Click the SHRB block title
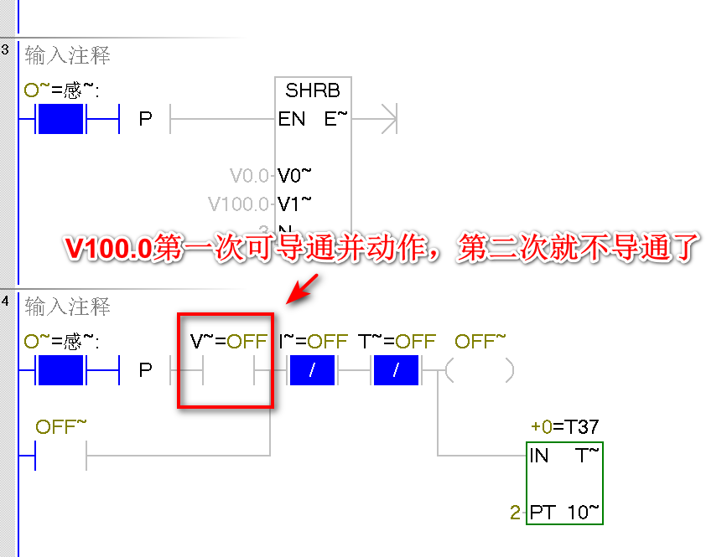click(x=313, y=90)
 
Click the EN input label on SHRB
click(x=292, y=119)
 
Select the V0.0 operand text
click(x=250, y=176)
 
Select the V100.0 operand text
click(x=239, y=204)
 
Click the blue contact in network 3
click(x=61, y=119)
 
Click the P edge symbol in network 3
click(x=145, y=119)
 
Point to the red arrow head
click(x=295, y=295)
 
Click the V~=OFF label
click(x=228, y=341)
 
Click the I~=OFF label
click(x=313, y=341)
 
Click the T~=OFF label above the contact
click(x=397, y=341)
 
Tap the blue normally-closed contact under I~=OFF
click(x=312, y=369)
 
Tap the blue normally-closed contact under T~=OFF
click(x=396, y=369)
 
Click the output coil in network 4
click(x=480, y=369)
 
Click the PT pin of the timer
click(x=542, y=512)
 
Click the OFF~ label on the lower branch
click(x=60, y=427)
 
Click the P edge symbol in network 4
click(x=145, y=369)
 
